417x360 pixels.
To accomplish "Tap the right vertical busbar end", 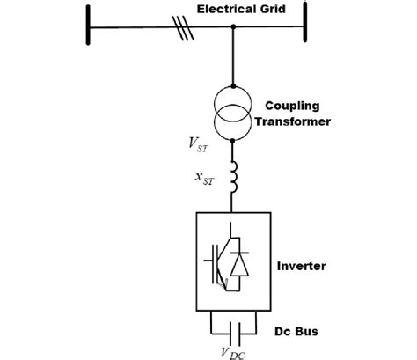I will (x=305, y=27).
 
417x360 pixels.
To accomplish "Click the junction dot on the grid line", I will (x=233, y=28).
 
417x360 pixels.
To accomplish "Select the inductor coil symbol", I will (x=233, y=176).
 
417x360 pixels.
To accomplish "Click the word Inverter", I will (x=302, y=265).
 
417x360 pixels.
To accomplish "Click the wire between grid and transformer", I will (x=233, y=57).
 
